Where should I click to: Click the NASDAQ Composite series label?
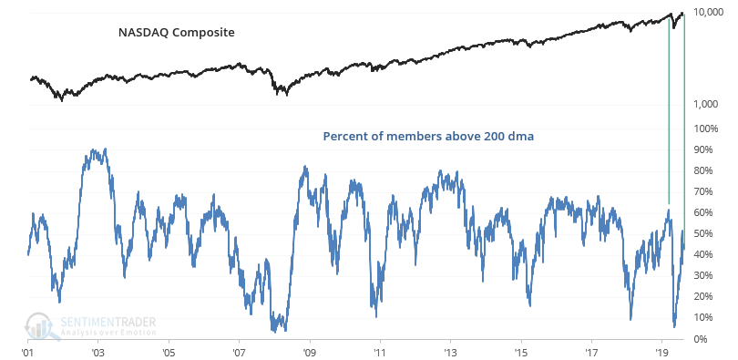(x=177, y=33)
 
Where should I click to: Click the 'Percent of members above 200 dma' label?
(x=428, y=137)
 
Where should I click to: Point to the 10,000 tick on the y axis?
(x=709, y=12)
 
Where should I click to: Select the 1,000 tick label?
(x=711, y=105)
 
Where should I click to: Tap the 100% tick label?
(x=707, y=129)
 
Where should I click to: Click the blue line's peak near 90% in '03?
(x=104, y=149)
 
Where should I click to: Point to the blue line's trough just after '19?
(x=674, y=326)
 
